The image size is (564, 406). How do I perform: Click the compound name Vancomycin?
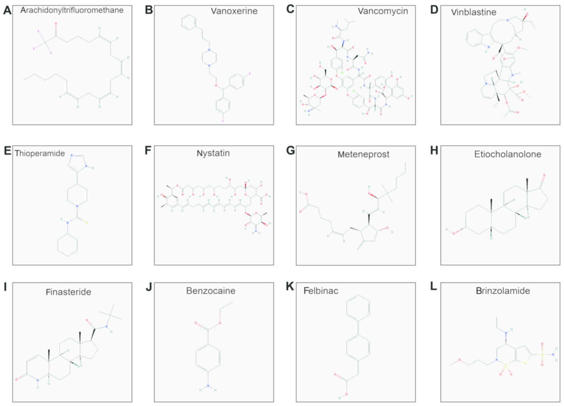(383, 11)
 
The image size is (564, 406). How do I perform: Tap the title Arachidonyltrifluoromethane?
(72, 10)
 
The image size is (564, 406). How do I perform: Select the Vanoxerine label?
(234, 11)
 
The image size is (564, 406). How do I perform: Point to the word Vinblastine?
(473, 12)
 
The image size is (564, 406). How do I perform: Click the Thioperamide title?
(40, 153)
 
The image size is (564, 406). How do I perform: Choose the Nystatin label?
(213, 153)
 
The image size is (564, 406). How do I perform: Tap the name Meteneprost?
(363, 154)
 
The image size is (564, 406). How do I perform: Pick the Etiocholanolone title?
(507, 154)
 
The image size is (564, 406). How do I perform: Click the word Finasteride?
(68, 292)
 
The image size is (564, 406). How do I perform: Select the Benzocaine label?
(211, 291)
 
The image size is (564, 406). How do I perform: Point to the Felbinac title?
(321, 291)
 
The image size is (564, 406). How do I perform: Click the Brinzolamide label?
(503, 291)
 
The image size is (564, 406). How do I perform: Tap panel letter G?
(290, 151)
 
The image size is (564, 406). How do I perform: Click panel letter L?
(433, 287)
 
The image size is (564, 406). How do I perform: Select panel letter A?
(7, 11)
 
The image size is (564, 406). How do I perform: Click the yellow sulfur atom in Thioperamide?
(86, 223)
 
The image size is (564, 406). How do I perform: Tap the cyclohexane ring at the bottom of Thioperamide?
(67, 245)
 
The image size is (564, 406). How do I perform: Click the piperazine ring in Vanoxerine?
(209, 58)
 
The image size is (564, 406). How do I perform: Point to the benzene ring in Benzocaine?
(208, 358)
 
